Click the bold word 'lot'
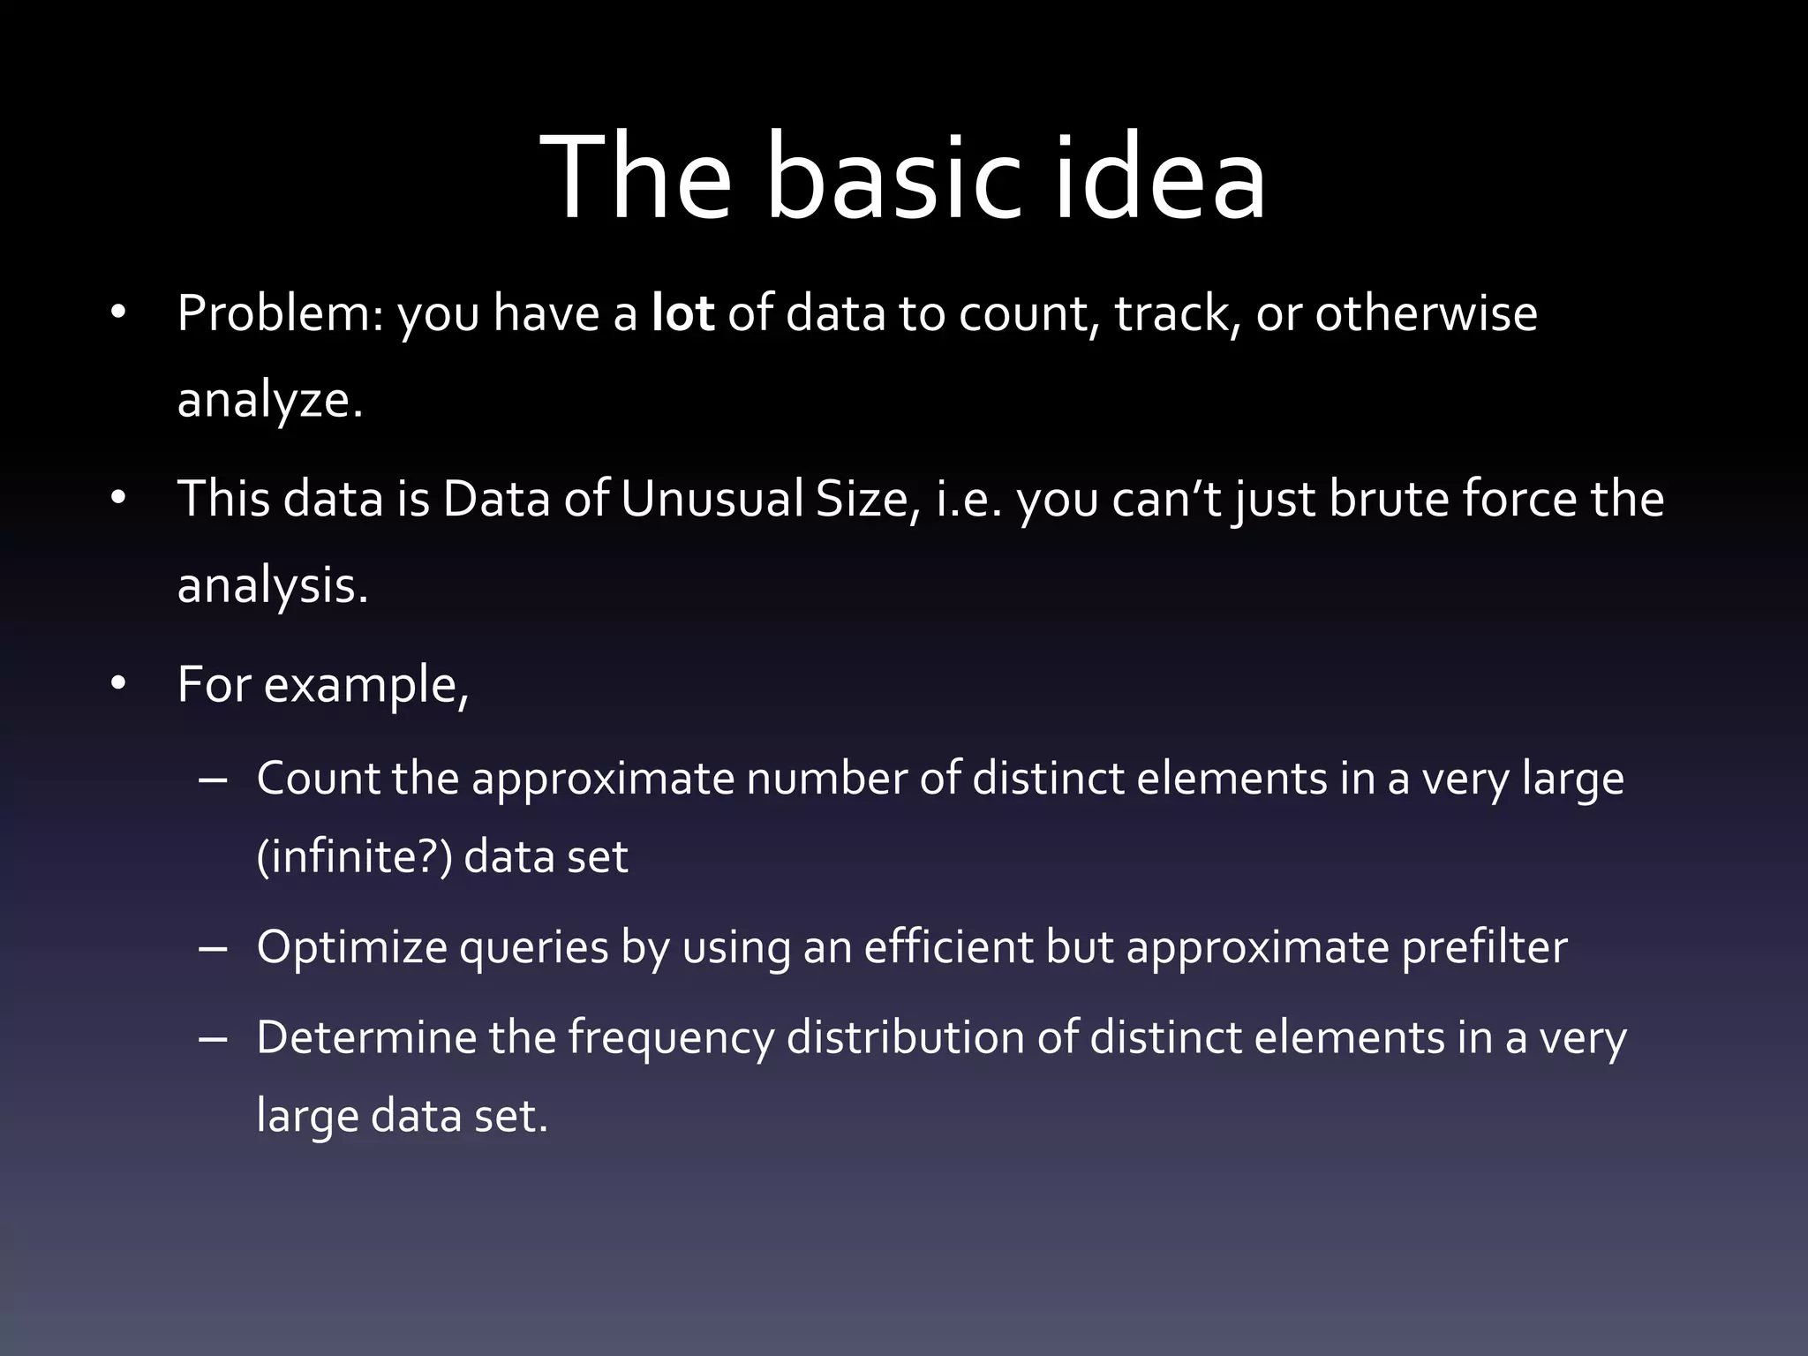point(682,313)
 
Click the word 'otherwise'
point(1426,313)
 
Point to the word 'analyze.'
point(270,402)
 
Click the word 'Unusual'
point(711,499)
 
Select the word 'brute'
point(1389,499)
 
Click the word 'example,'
point(365,687)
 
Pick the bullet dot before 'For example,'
point(119,685)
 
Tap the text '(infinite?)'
point(354,857)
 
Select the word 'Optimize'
point(352,948)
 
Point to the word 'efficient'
point(947,948)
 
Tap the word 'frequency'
point(670,1040)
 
